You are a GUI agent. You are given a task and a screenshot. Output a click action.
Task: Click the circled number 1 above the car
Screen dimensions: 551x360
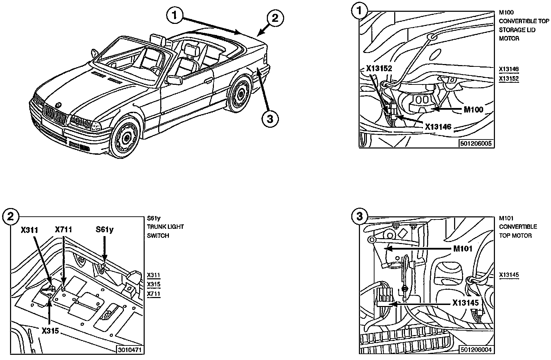tap(175, 15)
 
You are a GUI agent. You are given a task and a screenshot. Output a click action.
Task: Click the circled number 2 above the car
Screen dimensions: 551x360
tap(275, 18)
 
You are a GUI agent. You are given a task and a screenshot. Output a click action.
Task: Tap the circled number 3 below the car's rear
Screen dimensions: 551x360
tap(270, 119)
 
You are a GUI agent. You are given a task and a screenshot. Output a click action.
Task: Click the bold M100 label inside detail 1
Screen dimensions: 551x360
tap(473, 109)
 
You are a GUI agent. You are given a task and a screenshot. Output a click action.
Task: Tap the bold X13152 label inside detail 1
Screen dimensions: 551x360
tap(379, 68)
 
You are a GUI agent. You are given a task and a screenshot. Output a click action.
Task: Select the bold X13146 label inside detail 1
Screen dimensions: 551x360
tap(438, 127)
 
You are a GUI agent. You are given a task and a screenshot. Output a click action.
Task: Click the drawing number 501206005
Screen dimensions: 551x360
tap(476, 143)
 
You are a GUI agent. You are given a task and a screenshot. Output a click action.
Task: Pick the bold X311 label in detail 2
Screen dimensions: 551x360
tap(29, 230)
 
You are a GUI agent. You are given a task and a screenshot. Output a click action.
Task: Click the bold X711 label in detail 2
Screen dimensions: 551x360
tap(63, 229)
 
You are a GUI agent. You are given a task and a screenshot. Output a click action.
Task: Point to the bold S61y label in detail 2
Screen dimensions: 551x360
tap(105, 229)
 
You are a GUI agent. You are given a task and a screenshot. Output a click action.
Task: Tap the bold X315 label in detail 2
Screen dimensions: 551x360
tap(50, 331)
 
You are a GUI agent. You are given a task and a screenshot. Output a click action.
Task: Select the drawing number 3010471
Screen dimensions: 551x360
tap(130, 350)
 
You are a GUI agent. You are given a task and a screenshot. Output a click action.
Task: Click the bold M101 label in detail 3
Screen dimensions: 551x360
tap(463, 249)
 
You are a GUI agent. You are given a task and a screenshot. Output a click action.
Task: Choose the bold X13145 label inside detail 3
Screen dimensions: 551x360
tap(466, 303)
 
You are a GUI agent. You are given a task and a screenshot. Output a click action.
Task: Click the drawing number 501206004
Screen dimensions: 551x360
tap(476, 350)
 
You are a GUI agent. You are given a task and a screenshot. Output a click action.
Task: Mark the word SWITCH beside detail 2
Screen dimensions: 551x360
tap(158, 235)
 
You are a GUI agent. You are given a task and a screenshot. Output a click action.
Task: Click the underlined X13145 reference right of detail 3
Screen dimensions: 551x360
tap(509, 274)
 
